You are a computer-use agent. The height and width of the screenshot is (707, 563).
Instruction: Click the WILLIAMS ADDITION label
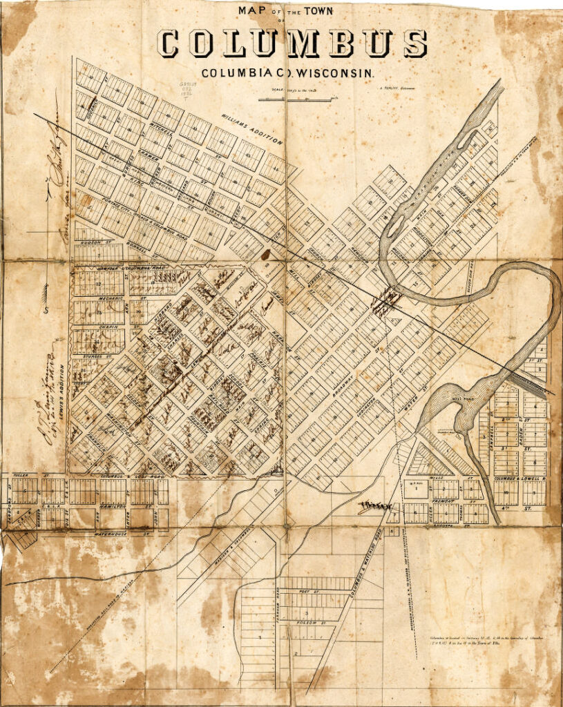(252, 128)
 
